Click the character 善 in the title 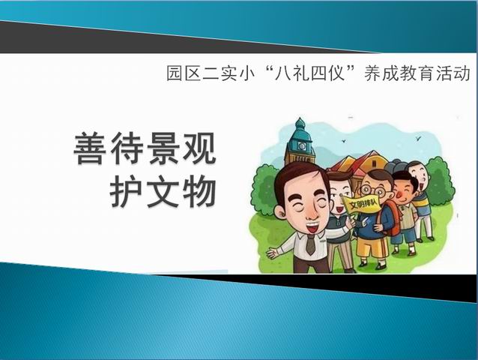click(91, 149)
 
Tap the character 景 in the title click(163, 149)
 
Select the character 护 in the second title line click(126, 193)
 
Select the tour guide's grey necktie click(310, 244)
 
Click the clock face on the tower click(302, 145)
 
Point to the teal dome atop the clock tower click(300, 127)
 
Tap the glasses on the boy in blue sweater click(372, 191)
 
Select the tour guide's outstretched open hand click(273, 253)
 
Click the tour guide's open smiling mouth click(311, 227)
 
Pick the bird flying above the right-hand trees click(418, 139)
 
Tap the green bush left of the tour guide click(264, 188)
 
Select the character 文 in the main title click(163, 193)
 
